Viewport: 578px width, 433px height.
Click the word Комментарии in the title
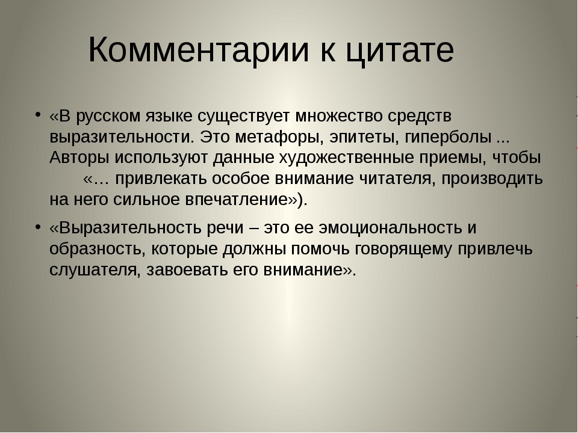pyautogui.click(x=199, y=50)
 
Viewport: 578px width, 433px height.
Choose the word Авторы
pyautogui.click(x=79, y=158)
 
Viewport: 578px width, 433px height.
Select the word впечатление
pyautogui.click(x=236, y=200)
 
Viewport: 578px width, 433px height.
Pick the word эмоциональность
pyautogui.click(x=390, y=228)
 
